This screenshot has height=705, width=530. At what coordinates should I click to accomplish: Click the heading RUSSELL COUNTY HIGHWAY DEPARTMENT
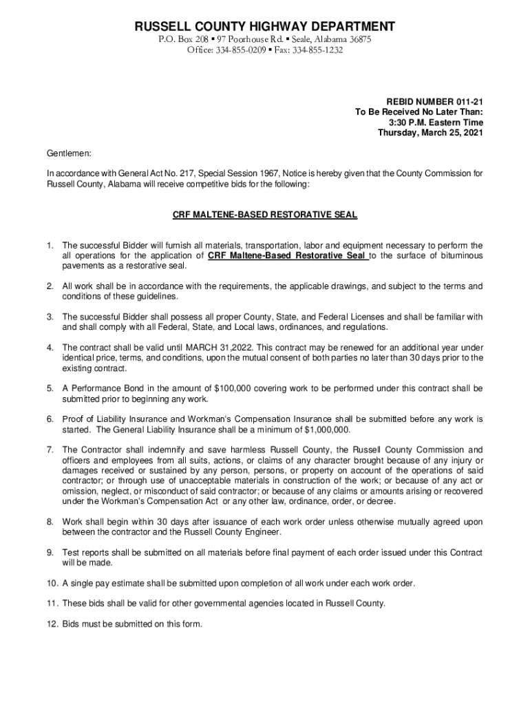(264, 27)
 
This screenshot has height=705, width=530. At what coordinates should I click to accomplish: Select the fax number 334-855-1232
(319, 50)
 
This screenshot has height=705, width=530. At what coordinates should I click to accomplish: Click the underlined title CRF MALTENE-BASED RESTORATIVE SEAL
(264, 215)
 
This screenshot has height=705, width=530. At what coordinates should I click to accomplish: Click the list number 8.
(50, 522)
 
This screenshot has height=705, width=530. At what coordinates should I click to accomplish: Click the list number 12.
(52, 624)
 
